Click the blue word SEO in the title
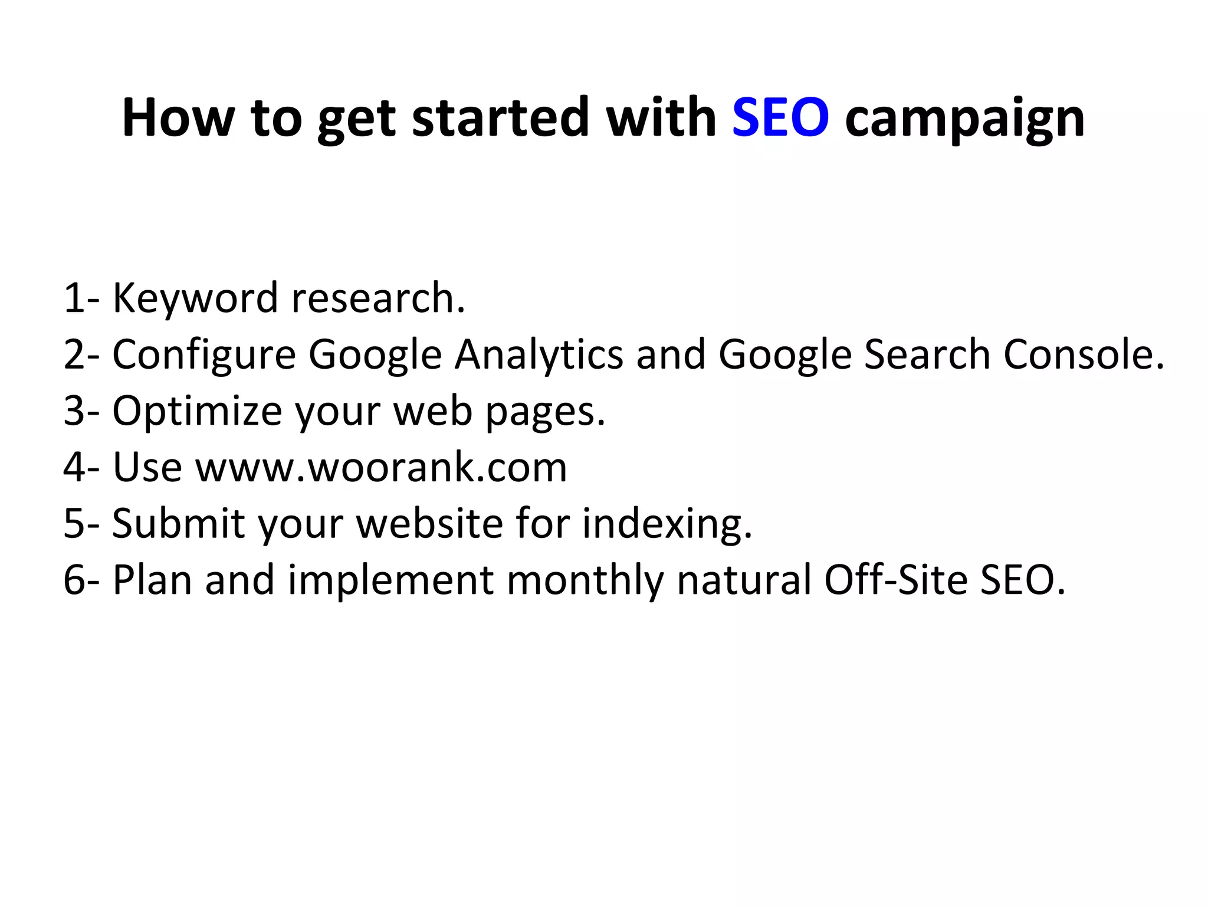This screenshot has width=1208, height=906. click(780, 118)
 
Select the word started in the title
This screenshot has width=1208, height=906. click(500, 118)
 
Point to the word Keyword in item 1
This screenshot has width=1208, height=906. click(195, 298)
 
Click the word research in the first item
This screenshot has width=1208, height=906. click(377, 298)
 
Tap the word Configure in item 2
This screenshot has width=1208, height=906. click(204, 356)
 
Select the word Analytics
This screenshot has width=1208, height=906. click(539, 356)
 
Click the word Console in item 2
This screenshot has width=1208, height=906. click(1084, 354)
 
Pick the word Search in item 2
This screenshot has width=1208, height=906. click(927, 354)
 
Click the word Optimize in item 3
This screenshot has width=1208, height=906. click(197, 412)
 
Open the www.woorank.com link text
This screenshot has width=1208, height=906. click(381, 468)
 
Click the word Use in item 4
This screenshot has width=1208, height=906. click(147, 468)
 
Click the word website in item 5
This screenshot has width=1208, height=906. click(429, 524)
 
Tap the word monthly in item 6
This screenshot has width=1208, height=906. click(585, 581)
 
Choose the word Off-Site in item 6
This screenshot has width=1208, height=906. click(895, 580)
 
